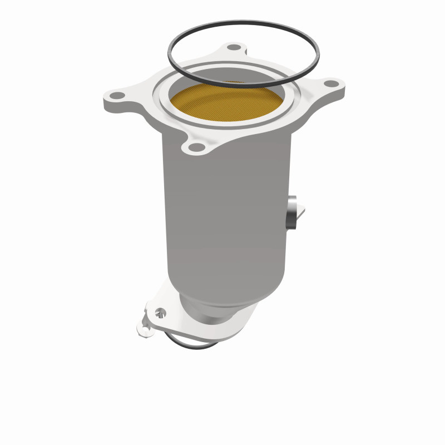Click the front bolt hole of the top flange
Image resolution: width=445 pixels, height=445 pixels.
click(195, 147)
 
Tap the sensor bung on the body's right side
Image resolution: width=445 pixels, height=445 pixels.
click(293, 214)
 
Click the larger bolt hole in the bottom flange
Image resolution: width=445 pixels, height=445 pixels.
click(161, 312)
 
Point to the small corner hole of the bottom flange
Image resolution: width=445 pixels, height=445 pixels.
click(146, 330)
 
